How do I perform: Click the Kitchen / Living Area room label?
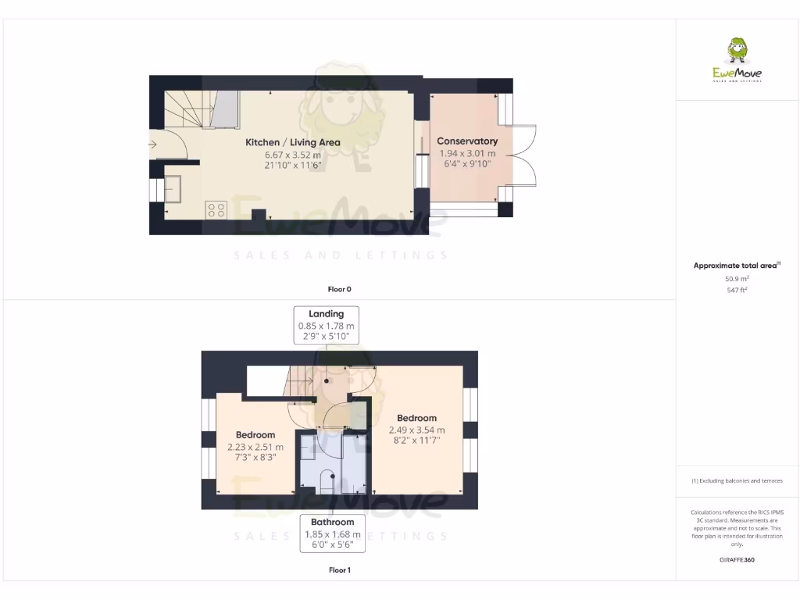point(293,142)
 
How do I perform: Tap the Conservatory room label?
point(467,141)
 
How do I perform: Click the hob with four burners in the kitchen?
point(216,209)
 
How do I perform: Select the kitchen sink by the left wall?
point(171,188)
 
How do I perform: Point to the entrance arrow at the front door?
point(152,144)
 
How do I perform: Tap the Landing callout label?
point(327,314)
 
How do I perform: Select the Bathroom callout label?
point(332,522)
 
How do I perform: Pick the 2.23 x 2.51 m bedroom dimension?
point(255,447)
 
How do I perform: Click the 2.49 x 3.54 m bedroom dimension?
point(416,430)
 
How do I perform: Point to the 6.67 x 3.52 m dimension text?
point(293,155)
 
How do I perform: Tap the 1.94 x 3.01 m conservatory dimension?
point(467,153)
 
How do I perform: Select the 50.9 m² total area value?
point(737,278)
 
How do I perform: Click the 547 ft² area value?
point(737,290)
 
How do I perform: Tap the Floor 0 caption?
point(339,289)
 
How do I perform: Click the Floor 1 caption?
point(339,570)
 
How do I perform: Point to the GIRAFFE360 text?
point(737,559)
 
